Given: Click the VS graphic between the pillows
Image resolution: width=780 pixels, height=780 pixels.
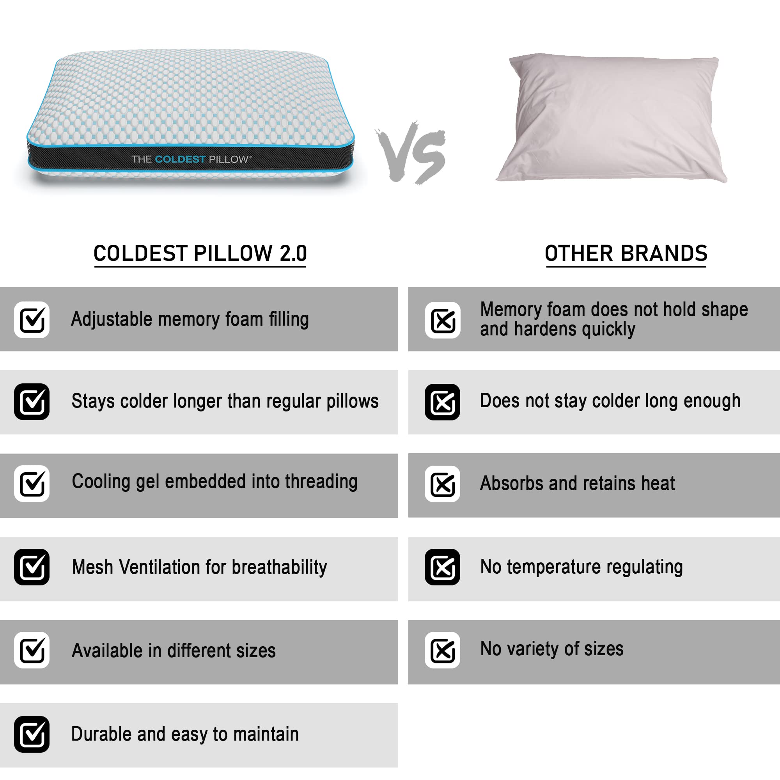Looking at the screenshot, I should (x=411, y=152).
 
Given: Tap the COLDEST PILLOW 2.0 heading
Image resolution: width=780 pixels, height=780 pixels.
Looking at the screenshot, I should (x=200, y=253).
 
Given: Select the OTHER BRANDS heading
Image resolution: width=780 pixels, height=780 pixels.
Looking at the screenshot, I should (x=626, y=253).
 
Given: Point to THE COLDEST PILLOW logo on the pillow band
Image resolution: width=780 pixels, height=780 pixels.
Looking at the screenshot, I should (x=191, y=159).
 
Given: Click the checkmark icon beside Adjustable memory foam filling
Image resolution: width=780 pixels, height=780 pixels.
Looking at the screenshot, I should (x=32, y=320).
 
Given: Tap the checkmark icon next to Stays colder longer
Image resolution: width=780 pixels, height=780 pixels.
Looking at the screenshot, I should (x=32, y=402).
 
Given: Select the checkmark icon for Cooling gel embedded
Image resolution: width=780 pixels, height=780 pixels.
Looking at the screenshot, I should (x=32, y=484).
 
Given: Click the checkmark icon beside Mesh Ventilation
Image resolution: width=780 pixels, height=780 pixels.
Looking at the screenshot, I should (x=32, y=567).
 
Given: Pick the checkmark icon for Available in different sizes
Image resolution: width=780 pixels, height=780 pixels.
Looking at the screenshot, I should (x=32, y=650).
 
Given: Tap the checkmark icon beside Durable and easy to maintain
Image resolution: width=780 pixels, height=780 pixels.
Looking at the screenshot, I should (x=32, y=734).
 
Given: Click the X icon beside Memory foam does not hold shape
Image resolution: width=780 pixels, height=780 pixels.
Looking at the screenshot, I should (x=443, y=320).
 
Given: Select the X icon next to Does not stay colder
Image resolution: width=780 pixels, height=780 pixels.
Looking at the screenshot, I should (x=443, y=402).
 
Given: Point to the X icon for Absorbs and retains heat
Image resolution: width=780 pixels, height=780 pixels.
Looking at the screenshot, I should (x=443, y=484).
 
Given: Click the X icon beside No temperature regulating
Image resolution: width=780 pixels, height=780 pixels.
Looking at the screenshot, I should (x=443, y=567).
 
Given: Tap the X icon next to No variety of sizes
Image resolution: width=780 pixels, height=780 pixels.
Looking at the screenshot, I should (x=443, y=650).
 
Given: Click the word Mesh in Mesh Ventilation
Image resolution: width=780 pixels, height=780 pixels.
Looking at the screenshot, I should (x=92, y=567).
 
